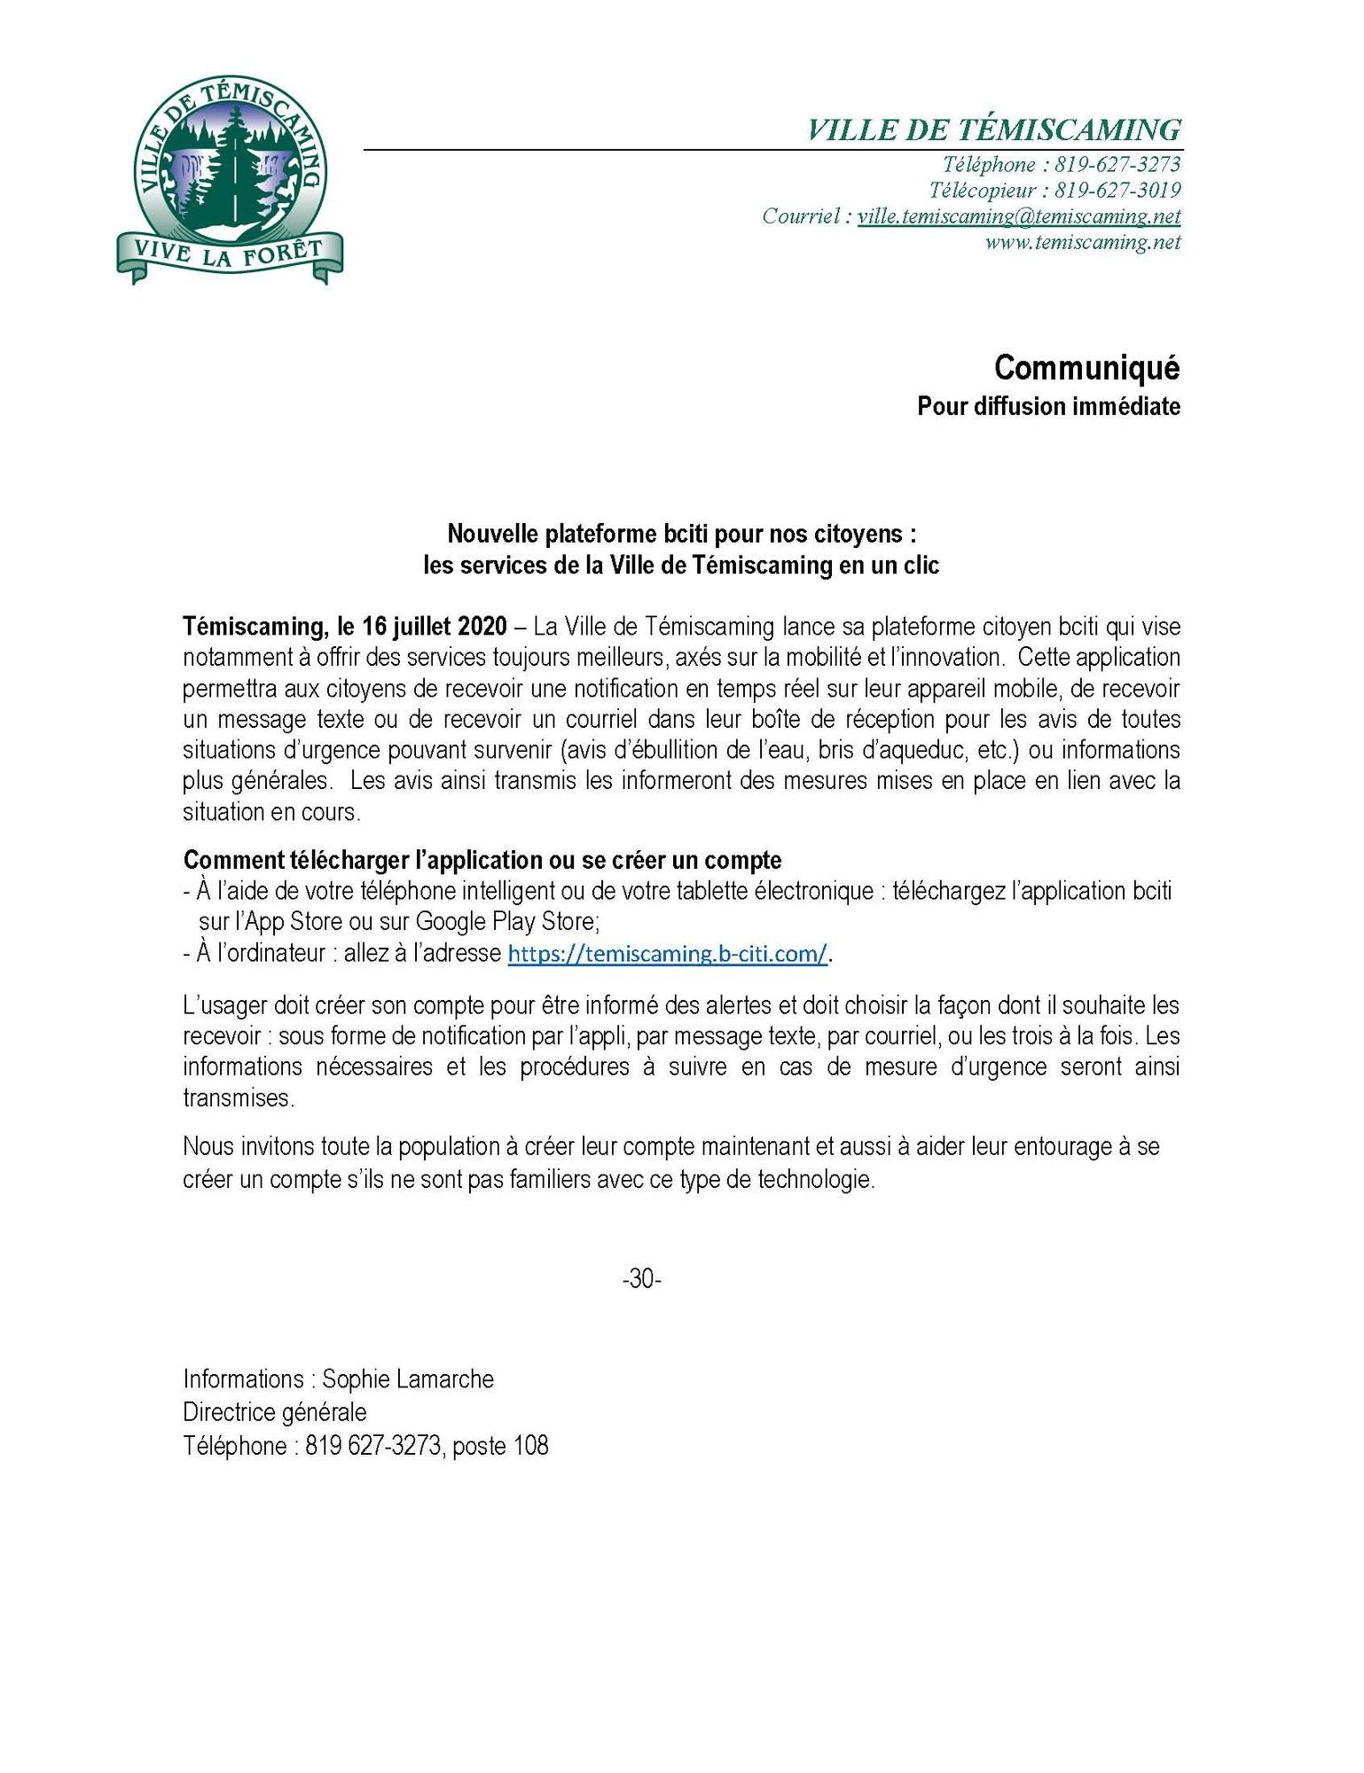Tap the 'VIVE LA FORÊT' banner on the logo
coord(230,254)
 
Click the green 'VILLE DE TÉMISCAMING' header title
coord(993,130)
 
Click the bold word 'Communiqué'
coord(1086,368)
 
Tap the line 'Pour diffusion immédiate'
coord(1048,407)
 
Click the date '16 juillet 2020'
coord(435,627)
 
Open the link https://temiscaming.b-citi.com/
coord(667,954)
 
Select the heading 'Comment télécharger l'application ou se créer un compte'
coord(482,860)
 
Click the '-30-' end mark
coord(641,1278)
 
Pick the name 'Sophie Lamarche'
coord(407,1379)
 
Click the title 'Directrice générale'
coord(275,1411)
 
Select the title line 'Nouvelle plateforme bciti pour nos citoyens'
coord(681,534)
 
